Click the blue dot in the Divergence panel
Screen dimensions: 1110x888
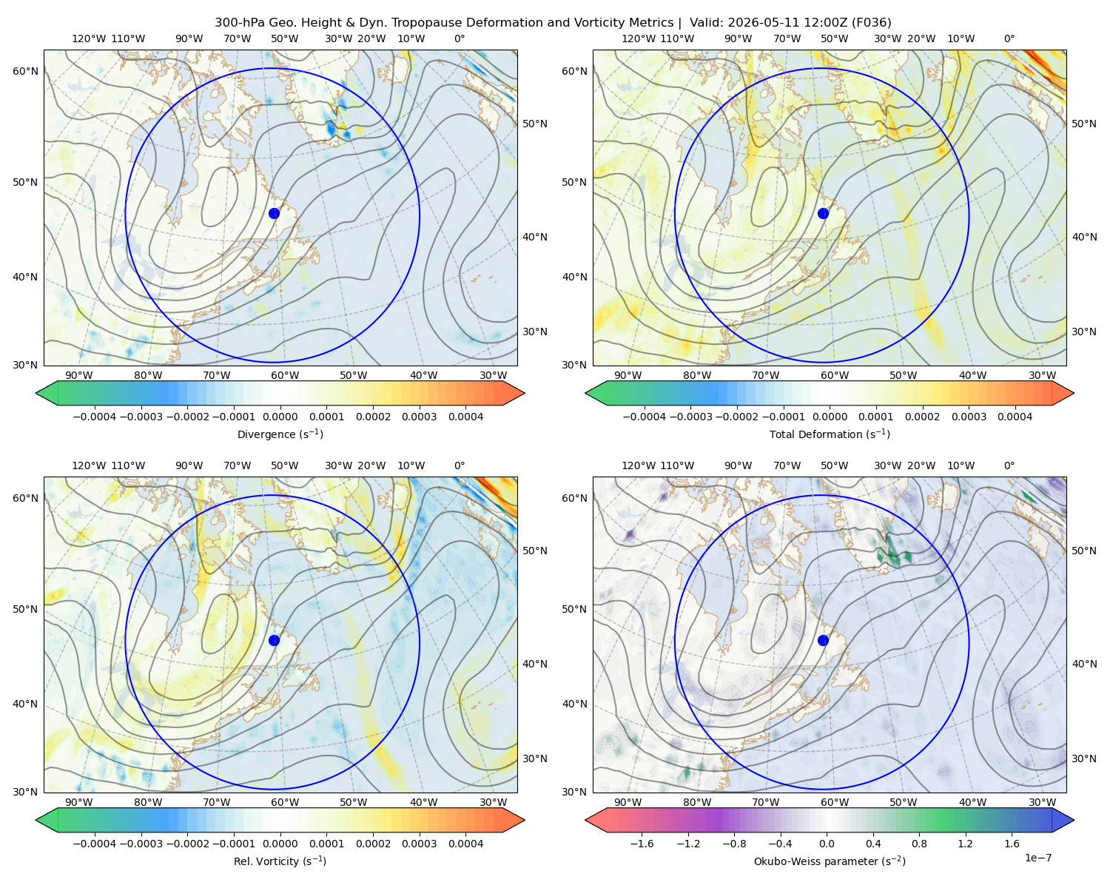[274, 213]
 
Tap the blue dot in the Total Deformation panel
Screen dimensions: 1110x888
[823, 213]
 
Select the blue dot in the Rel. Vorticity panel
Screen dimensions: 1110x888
[274, 640]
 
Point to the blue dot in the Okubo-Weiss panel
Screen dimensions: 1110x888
[823, 640]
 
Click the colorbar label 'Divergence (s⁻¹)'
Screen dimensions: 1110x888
[280, 434]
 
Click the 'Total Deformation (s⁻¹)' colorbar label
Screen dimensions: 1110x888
[830, 434]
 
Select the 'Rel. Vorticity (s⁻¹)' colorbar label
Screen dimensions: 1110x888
[280, 861]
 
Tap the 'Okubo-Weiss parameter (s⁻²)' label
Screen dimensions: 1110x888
[830, 861]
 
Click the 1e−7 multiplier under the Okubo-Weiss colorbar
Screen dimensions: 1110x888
[1037, 858]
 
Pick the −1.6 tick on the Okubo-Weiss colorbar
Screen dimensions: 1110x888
[642, 844]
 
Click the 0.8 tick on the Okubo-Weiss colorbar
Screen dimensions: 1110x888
[919, 844]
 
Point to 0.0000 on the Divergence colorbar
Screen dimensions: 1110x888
[280, 417]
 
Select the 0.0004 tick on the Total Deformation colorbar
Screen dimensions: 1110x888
[1015, 417]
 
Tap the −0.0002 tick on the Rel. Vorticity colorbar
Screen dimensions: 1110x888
[187, 844]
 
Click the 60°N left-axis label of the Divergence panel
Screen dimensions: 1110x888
[25, 71]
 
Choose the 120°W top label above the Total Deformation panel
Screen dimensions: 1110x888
[638, 38]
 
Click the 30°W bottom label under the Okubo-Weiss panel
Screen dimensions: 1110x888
[1042, 802]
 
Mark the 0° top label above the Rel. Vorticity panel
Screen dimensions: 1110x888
[460, 465]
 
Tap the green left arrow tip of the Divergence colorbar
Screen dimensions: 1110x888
[36, 393]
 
